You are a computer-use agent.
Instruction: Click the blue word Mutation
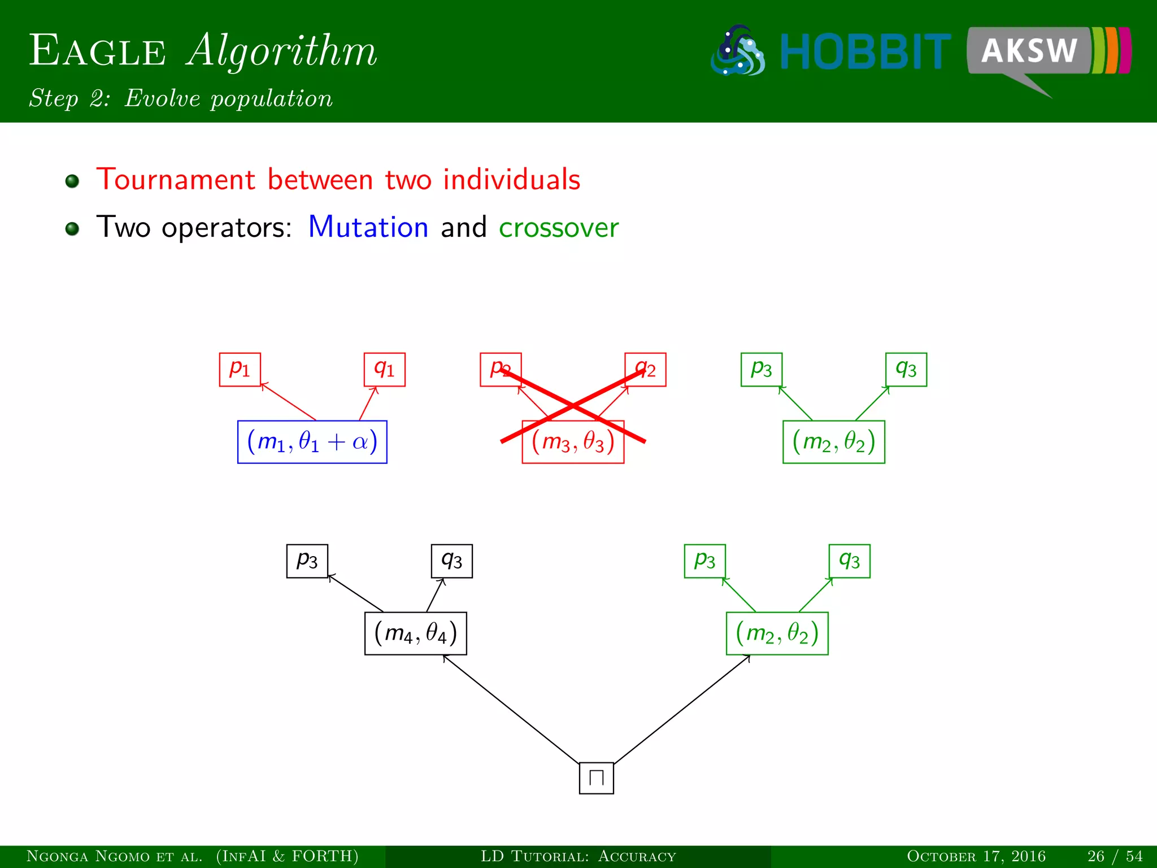tap(368, 227)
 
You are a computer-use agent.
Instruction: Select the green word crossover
tap(558, 227)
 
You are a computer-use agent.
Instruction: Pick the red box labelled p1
tap(240, 370)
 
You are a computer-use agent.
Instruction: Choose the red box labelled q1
tap(384, 370)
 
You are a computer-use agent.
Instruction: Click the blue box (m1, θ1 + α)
tap(312, 442)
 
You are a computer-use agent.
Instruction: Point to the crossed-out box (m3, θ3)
tap(573, 442)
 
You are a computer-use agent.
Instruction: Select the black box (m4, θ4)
tap(415, 633)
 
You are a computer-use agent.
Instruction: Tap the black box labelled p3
tap(307, 561)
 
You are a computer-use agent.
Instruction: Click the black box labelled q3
tap(451, 561)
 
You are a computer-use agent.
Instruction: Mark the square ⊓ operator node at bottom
tap(596, 778)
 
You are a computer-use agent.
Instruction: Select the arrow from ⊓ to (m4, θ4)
tap(511, 709)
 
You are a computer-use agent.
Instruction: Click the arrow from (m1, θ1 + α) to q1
tap(368, 403)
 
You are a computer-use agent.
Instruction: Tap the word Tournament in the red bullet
tap(176, 180)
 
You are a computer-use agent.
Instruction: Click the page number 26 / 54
tap(1115, 856)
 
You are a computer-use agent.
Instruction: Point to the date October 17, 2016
tap(976, 856)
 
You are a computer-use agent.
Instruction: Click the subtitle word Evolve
tap(163, 98)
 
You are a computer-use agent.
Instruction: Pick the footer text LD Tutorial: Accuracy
tap(578, 856)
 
